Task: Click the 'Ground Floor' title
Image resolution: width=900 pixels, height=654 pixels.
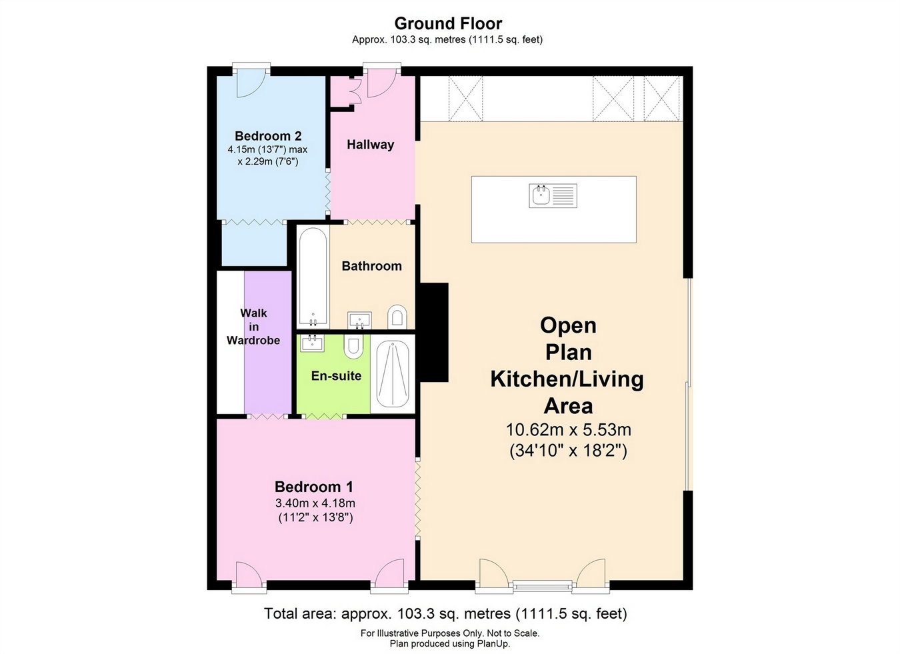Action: tap(448, 24)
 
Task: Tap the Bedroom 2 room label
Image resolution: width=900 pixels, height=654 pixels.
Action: tap(268, 136)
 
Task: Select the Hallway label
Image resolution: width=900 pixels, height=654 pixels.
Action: tap(370, 145)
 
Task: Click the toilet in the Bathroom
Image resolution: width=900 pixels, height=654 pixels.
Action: tap(397, 316)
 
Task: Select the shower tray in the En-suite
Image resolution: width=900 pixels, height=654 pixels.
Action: tap(393, 374)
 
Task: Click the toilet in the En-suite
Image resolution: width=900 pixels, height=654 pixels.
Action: tap(353, 346)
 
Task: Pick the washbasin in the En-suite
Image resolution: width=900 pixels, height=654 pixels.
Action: tap(312, 343)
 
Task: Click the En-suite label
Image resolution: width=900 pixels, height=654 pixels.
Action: tap(336, 376)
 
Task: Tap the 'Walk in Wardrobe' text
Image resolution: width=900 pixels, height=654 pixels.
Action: tap(253, 327)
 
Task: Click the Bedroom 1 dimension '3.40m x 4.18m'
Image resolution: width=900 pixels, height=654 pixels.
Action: tap(315, 503)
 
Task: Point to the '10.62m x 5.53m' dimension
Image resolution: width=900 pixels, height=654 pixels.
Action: tap(568, 429)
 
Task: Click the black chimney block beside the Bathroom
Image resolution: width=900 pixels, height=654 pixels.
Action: tap(433, 331)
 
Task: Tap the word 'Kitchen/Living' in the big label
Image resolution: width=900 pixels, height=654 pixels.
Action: tap(567, 379)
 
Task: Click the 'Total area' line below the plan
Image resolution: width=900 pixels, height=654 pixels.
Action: tap(445, 613)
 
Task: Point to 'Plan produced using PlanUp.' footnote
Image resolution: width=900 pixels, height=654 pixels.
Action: tap(449, 643)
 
